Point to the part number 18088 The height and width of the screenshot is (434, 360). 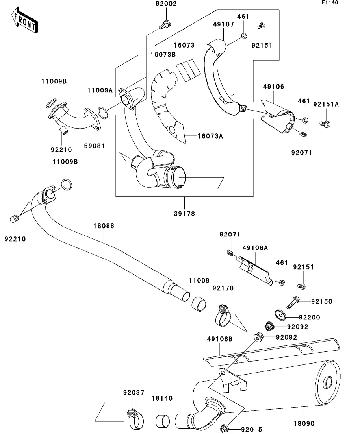point(104,226)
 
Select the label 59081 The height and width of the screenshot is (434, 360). point(94,146)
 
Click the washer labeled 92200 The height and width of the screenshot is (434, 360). point(281,315)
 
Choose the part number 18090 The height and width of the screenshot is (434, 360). point(304,424)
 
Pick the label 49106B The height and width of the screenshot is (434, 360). point(219,339)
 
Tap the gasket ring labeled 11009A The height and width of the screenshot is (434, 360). point(102,113)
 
